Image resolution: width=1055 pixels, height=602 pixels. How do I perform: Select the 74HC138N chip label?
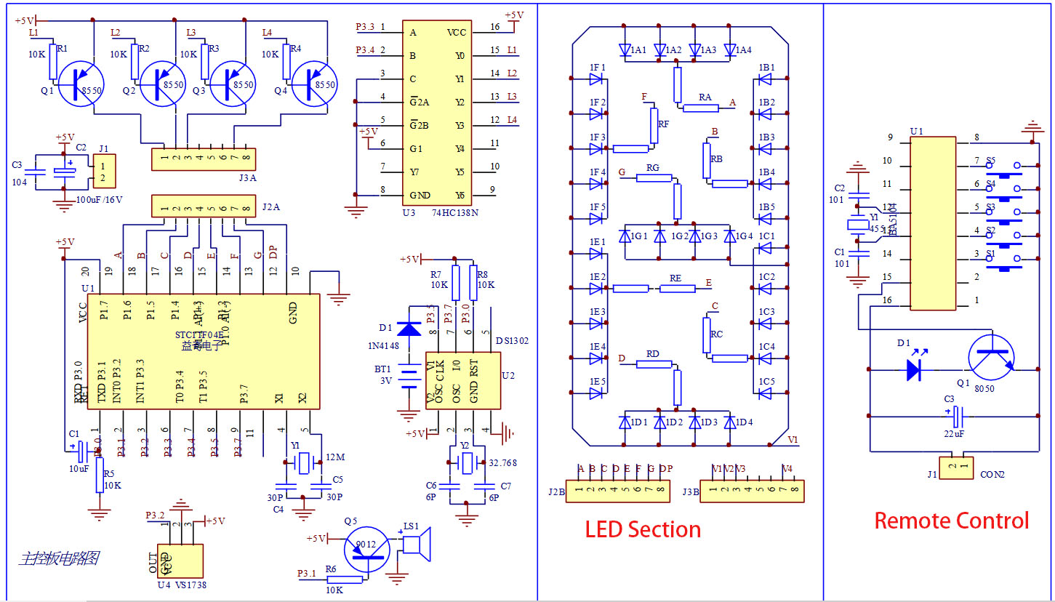coord(455,212)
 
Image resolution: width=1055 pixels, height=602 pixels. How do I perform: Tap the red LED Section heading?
coord(643,529)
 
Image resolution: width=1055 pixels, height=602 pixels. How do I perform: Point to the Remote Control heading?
coord(951,521)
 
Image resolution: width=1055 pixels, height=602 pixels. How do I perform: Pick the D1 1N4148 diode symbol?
coord(411,328)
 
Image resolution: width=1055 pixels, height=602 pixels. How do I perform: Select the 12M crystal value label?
coord(335,457)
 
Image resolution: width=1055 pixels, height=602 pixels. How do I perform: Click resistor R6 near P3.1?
coord(344,579)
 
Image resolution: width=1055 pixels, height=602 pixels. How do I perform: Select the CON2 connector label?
coord(992,475)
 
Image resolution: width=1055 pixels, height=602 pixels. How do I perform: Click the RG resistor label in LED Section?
coord(652,168)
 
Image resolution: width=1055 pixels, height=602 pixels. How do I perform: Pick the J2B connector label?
coord(556,491)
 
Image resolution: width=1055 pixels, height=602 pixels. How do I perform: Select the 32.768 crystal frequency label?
coord(502,462)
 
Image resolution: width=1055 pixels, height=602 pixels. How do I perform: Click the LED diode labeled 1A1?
coord(625,50)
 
